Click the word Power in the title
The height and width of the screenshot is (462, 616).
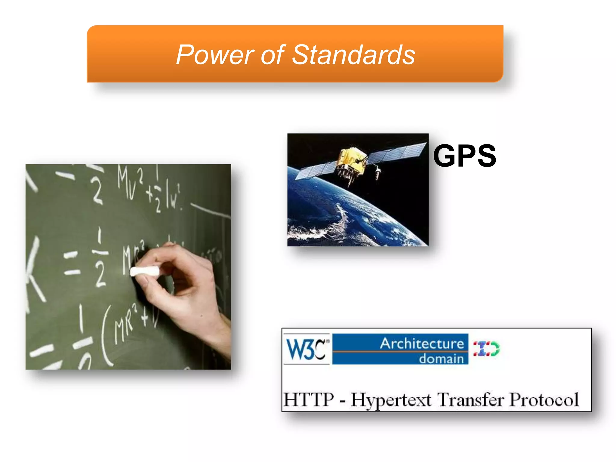click(215, 55)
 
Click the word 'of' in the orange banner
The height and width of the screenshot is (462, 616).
click(272, 55)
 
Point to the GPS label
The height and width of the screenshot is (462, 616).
click(464, 156)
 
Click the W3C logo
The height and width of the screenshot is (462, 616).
click(306, 349)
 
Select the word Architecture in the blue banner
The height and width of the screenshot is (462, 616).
click(422, 343)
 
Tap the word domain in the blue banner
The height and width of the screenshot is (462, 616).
click(441, 359)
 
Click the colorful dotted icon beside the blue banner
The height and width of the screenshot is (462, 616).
click(486, 349)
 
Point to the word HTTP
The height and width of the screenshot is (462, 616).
click(309, 400)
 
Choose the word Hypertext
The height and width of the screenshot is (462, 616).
click(391, 400)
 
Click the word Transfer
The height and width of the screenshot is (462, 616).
click(470, 400)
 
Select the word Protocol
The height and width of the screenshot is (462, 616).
click(544, 400)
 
